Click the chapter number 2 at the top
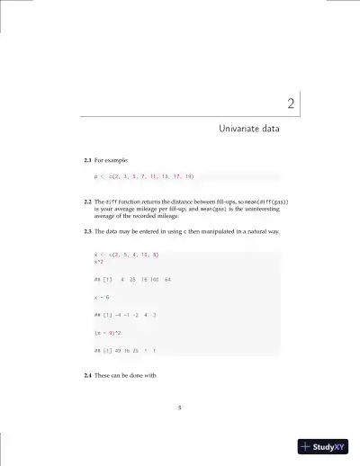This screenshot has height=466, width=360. (x=291, y=104)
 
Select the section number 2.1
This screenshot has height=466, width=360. (x=88, y=160)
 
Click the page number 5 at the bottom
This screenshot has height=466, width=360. (x=180, y=408)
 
